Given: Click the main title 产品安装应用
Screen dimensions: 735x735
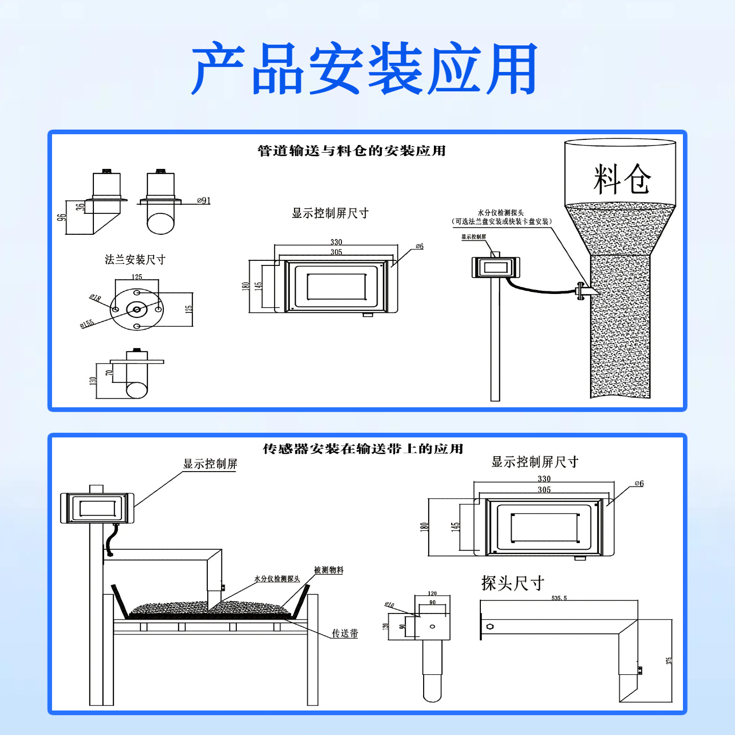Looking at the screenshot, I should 364,69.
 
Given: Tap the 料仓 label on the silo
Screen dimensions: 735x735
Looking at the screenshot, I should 622,179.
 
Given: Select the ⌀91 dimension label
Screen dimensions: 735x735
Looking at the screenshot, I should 204,201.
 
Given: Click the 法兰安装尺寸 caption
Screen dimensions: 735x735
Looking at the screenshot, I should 135,260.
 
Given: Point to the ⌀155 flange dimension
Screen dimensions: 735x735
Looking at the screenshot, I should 87,324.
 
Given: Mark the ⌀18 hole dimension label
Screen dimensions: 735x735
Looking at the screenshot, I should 95,298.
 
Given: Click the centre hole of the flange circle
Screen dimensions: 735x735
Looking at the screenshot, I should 137,309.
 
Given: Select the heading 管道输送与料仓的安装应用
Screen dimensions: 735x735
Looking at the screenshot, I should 352,151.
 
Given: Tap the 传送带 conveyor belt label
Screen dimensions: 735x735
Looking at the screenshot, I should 345,633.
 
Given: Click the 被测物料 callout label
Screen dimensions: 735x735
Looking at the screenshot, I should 329,570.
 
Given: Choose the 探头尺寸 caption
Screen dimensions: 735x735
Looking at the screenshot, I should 512,583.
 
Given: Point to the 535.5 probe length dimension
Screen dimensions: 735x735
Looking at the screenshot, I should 559,598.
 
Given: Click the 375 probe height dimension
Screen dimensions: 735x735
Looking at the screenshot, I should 669,660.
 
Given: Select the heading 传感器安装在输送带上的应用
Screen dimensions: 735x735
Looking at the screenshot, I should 363,449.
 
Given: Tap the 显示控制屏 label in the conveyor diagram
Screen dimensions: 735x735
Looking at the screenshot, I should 210,464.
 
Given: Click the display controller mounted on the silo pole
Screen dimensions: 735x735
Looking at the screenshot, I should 495,267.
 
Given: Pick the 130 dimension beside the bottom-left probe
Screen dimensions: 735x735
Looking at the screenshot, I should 93,381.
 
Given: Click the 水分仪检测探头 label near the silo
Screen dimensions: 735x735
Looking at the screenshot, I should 501,213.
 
